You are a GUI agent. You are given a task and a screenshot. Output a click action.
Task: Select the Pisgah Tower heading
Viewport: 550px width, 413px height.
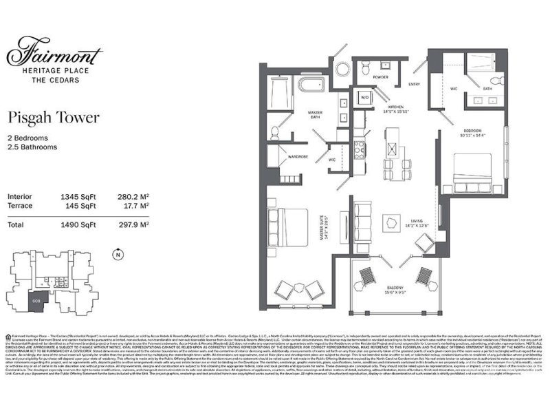pos(53,118)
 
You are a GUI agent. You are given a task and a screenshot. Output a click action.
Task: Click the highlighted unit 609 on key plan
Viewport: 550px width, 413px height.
pos(36,300)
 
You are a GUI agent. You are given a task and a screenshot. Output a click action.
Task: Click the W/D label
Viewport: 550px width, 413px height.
pos(364,98)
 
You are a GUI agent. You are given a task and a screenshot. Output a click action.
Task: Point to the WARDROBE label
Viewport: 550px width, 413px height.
pos(298,156)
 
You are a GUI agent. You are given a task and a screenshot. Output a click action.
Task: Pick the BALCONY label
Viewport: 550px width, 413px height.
pos(395,287)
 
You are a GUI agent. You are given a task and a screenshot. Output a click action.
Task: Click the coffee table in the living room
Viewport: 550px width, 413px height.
pos(393,222)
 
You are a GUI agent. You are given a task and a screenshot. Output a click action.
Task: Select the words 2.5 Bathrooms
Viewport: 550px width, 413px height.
pos(32,147)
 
